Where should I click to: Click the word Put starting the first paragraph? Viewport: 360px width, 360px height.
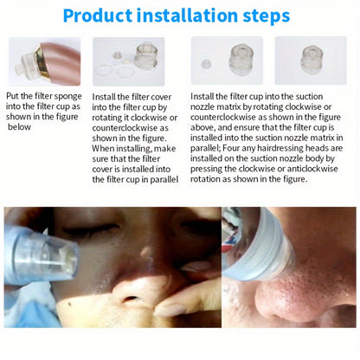pyautogui.click(x=14, y=97)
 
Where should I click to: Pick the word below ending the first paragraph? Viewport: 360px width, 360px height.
pyautogui.click(x=22, y=125)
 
